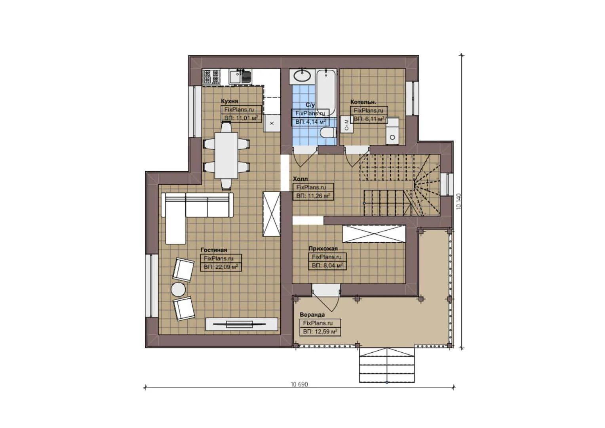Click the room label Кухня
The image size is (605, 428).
pos(230,101)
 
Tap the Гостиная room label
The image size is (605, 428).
pos(214,250)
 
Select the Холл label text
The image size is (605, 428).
pos(301,179)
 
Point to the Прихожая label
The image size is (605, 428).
pos(323,248)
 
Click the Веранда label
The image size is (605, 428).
pos(312,315)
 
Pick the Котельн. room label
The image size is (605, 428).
pos(363,102)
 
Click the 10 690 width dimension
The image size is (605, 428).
pos(299,384)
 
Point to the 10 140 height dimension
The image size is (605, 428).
pos(459,201)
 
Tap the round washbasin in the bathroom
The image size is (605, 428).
pos(302,76)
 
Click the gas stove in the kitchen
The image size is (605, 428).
pos(211,76)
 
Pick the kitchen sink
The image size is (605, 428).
pos(241,76)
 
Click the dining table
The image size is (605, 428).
pos(226,155)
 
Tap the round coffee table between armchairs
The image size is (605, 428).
pos(178,289)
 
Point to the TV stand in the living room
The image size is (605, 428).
pos(242,324)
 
